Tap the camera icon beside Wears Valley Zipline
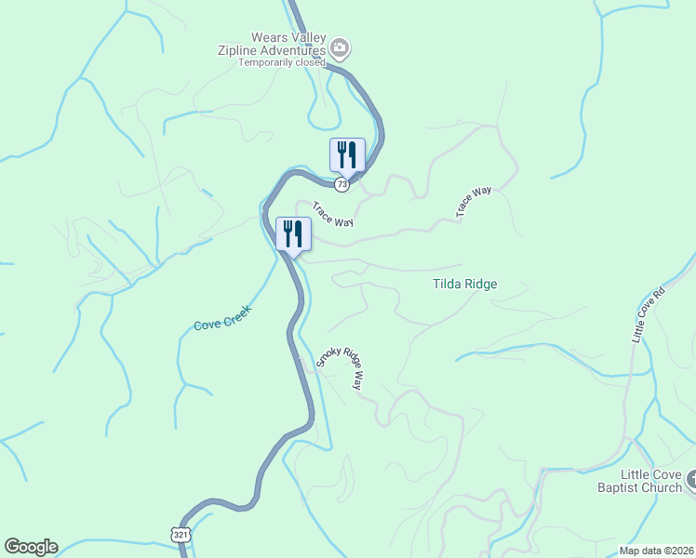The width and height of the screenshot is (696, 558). click(341, 47)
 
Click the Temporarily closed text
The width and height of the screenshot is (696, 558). click(282, 63)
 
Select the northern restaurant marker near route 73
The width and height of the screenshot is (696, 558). click(347, 154)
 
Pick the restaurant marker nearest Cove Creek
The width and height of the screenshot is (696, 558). click(293, 232)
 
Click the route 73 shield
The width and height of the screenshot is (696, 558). click(343, 185)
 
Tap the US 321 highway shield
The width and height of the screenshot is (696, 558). click(181, 535)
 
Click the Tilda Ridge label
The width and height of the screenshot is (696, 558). click(464, 285)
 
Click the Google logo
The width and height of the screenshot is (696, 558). click(31, 547)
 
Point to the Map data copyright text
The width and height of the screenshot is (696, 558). click(657, 551)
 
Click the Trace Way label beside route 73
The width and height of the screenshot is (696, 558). click(332, 214)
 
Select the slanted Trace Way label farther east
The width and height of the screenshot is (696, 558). click(474, 203)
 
